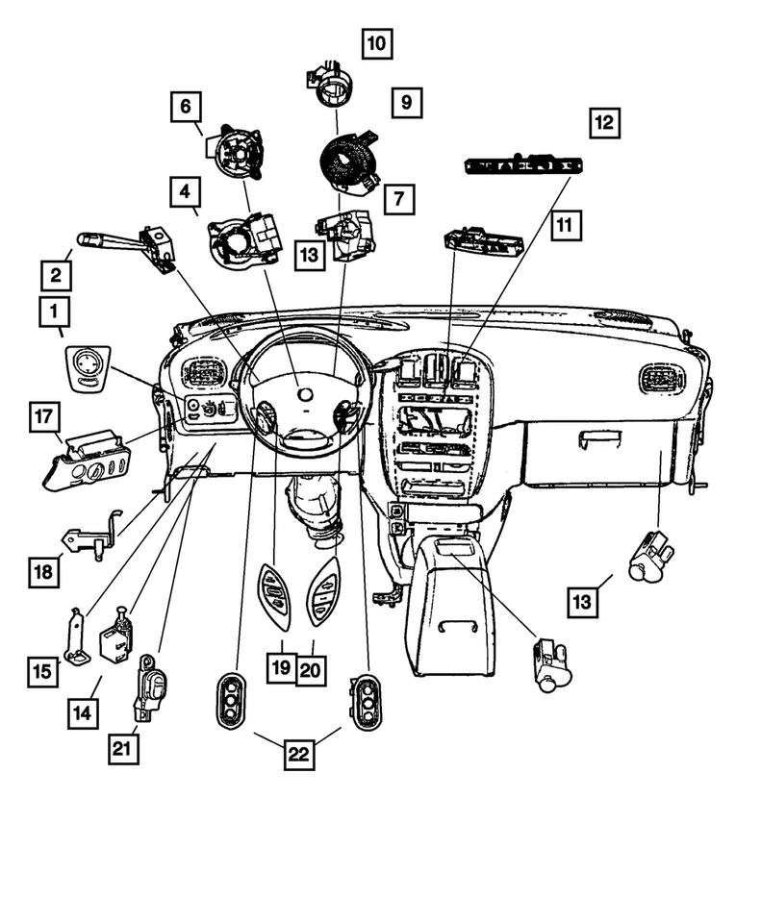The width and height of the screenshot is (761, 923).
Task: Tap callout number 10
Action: coord(376,43)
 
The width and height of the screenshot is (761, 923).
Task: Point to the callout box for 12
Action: coord(604,123)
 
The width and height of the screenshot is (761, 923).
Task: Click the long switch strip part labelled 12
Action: coord(517,166)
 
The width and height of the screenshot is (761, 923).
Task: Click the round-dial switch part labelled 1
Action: coord(88,366)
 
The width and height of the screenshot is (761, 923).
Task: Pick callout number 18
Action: coord(43,572)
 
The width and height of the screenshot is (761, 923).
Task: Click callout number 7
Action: coord(398,199)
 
